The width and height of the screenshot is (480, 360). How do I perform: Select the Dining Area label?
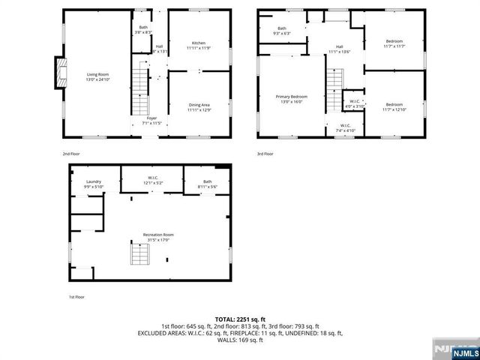tap(198, 107)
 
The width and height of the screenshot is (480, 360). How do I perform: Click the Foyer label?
tap(152, 119)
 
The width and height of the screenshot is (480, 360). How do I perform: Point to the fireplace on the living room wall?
tap(57, 73)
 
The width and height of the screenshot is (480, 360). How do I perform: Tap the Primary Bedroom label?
tap(291, 99)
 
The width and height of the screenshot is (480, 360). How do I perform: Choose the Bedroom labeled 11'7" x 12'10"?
tap(394, 107)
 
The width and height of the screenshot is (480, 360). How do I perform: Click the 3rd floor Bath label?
tap(282, 31)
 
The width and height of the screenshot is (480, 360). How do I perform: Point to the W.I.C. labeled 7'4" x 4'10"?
tap(346, 128)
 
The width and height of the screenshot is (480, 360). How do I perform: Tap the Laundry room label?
tap(94, 184)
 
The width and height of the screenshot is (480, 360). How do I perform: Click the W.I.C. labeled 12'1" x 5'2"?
tap(152, 181)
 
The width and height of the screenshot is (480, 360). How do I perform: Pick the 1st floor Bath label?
tap(207, 184)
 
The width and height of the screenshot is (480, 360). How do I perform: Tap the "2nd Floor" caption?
tap(71, 154)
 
